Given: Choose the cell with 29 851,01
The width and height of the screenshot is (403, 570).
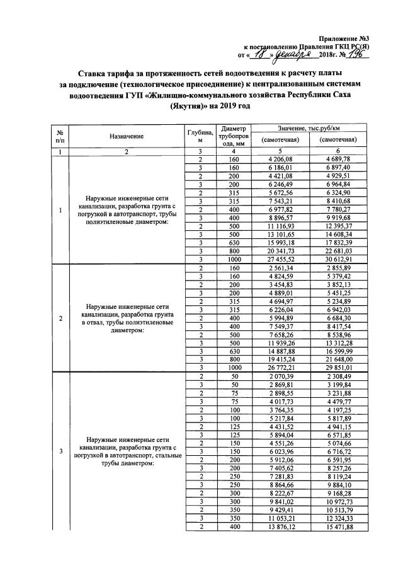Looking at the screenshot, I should (x=338, y=368).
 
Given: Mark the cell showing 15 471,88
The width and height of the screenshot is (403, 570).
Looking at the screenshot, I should (x=338, y=526).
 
